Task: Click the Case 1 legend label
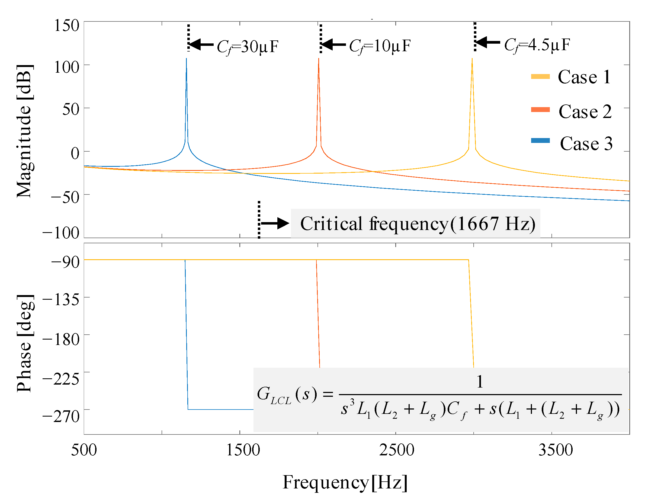[x=584, y=77]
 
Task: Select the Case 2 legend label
[x=585, y=112]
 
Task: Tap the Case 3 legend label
[x=586, y=144]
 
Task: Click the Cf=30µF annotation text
[x=248, y=47]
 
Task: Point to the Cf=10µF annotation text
[x=380, y=46]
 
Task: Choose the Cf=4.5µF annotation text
[x=537, y=45]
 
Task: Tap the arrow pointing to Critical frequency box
[x=275, y=223]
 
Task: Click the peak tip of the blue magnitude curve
[x=186, y=59]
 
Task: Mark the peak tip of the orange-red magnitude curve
[x=319, y=59]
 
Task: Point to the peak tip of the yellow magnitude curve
[x=472, y=59]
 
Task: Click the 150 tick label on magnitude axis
[x=67, y=25]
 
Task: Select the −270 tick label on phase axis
[x=61, y=416]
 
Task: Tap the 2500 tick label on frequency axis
[x=396, y=450]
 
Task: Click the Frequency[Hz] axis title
[x=345, y=482]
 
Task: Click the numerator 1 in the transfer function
[x=480, y=382]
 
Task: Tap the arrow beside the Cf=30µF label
[x=201, y=45]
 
